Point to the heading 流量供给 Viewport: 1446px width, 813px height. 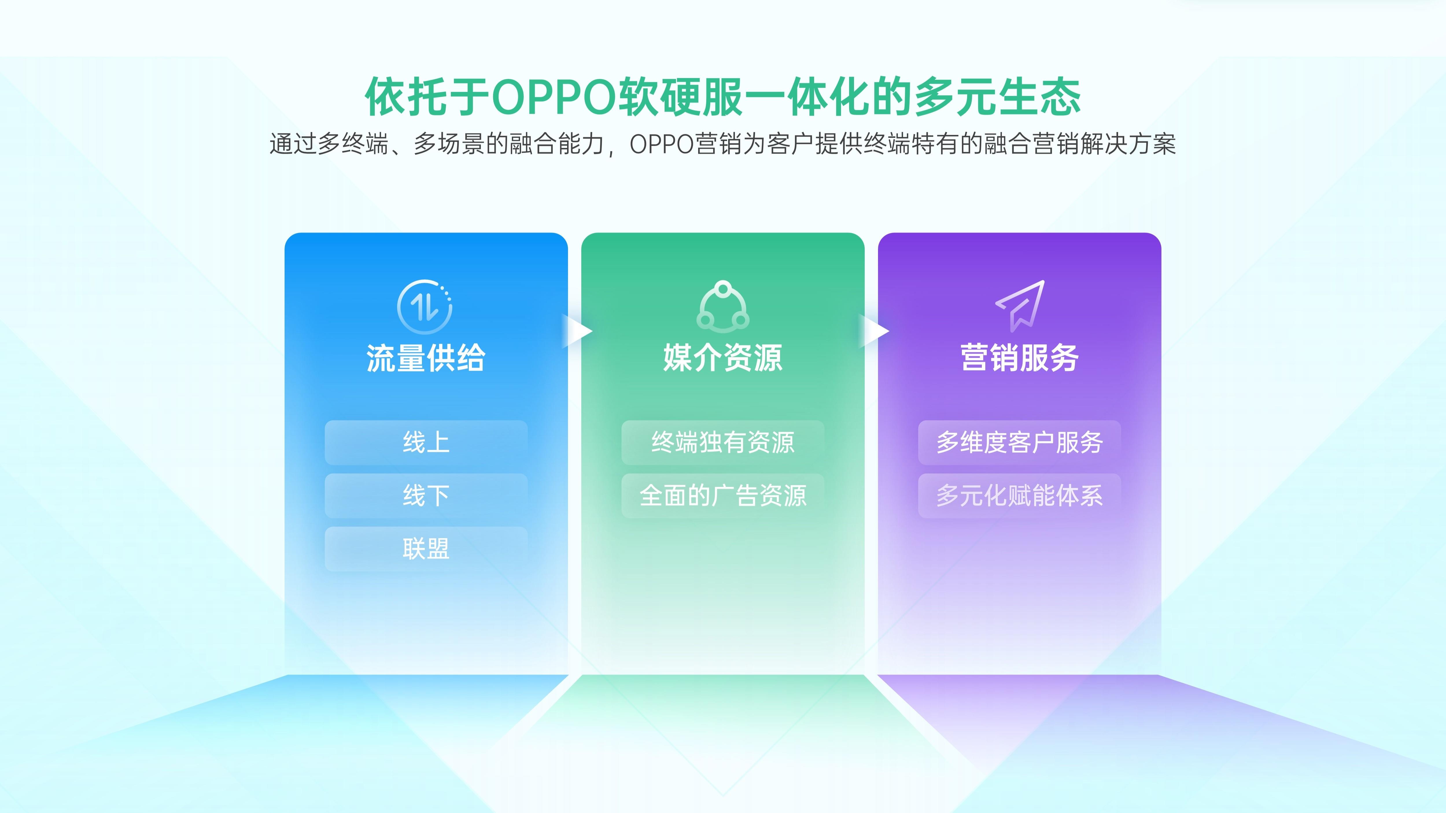(425, 358)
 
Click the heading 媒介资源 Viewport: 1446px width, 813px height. (723, 358)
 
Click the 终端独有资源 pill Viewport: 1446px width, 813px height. (723, 442)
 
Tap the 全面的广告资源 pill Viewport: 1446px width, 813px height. (723, 496)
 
